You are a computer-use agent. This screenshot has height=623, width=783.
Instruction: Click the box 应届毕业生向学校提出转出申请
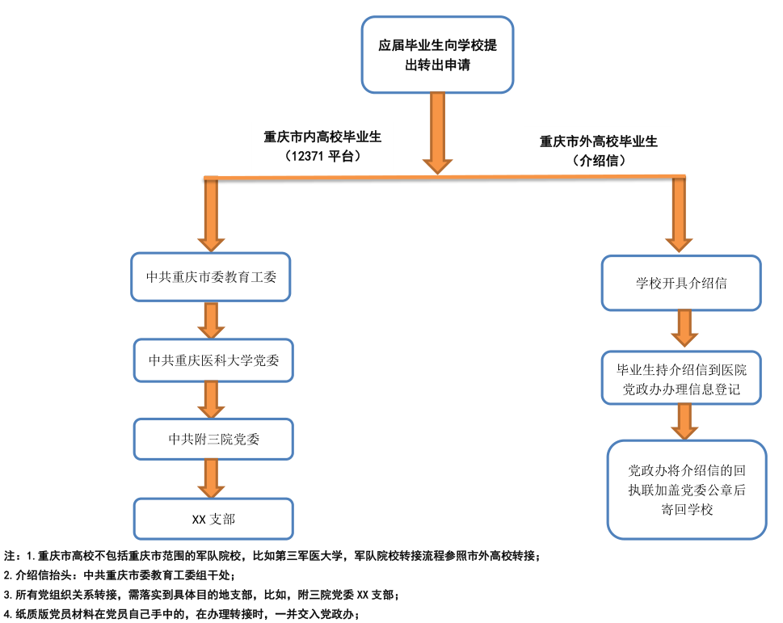click(x=437, y=54)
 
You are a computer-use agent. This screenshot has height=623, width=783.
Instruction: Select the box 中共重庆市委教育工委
click(x=212, y=276)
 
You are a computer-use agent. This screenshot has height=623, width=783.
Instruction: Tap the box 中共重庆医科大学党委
click(x=213, y=360)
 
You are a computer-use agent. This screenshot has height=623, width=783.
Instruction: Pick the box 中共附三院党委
click(x=213, y=439)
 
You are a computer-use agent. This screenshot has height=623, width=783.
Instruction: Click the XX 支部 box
click(x=213, y=518)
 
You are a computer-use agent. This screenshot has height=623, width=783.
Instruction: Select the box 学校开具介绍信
click(x=681, y=283)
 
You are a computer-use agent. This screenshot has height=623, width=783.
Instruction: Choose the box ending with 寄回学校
click(x=687, y=489)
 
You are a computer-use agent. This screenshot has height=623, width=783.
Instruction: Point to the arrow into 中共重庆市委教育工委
click(x=212, y=214)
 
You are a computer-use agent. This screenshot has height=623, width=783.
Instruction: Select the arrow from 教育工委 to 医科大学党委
click(x=212, y=321)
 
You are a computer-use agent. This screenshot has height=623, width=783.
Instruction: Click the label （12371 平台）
click(x=322, y=157)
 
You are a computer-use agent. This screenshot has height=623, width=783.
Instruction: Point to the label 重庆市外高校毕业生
click(x=599, y=141)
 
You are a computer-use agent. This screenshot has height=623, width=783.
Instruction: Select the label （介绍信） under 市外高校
click(x=599, y=161)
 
